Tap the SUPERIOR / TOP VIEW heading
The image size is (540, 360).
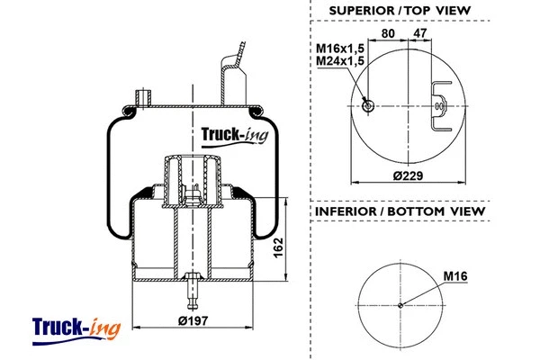(x=400, y=10)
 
